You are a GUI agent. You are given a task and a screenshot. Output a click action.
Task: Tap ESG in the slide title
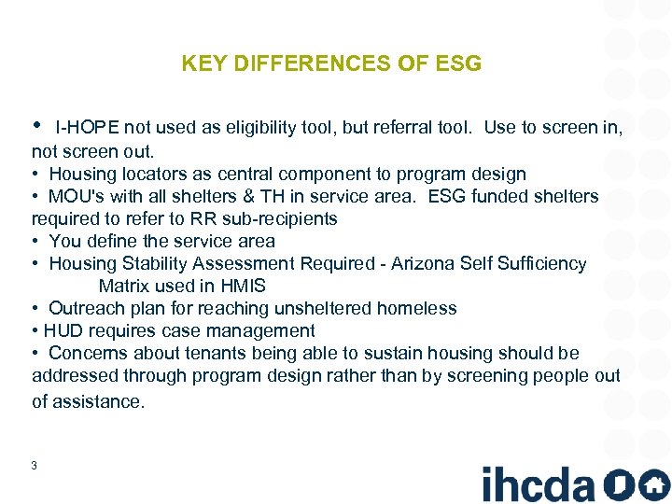tap(458, 64)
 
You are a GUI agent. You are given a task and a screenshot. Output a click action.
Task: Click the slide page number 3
tap(34, 465)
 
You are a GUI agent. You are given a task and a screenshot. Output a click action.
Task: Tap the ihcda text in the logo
tap(538, 484)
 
